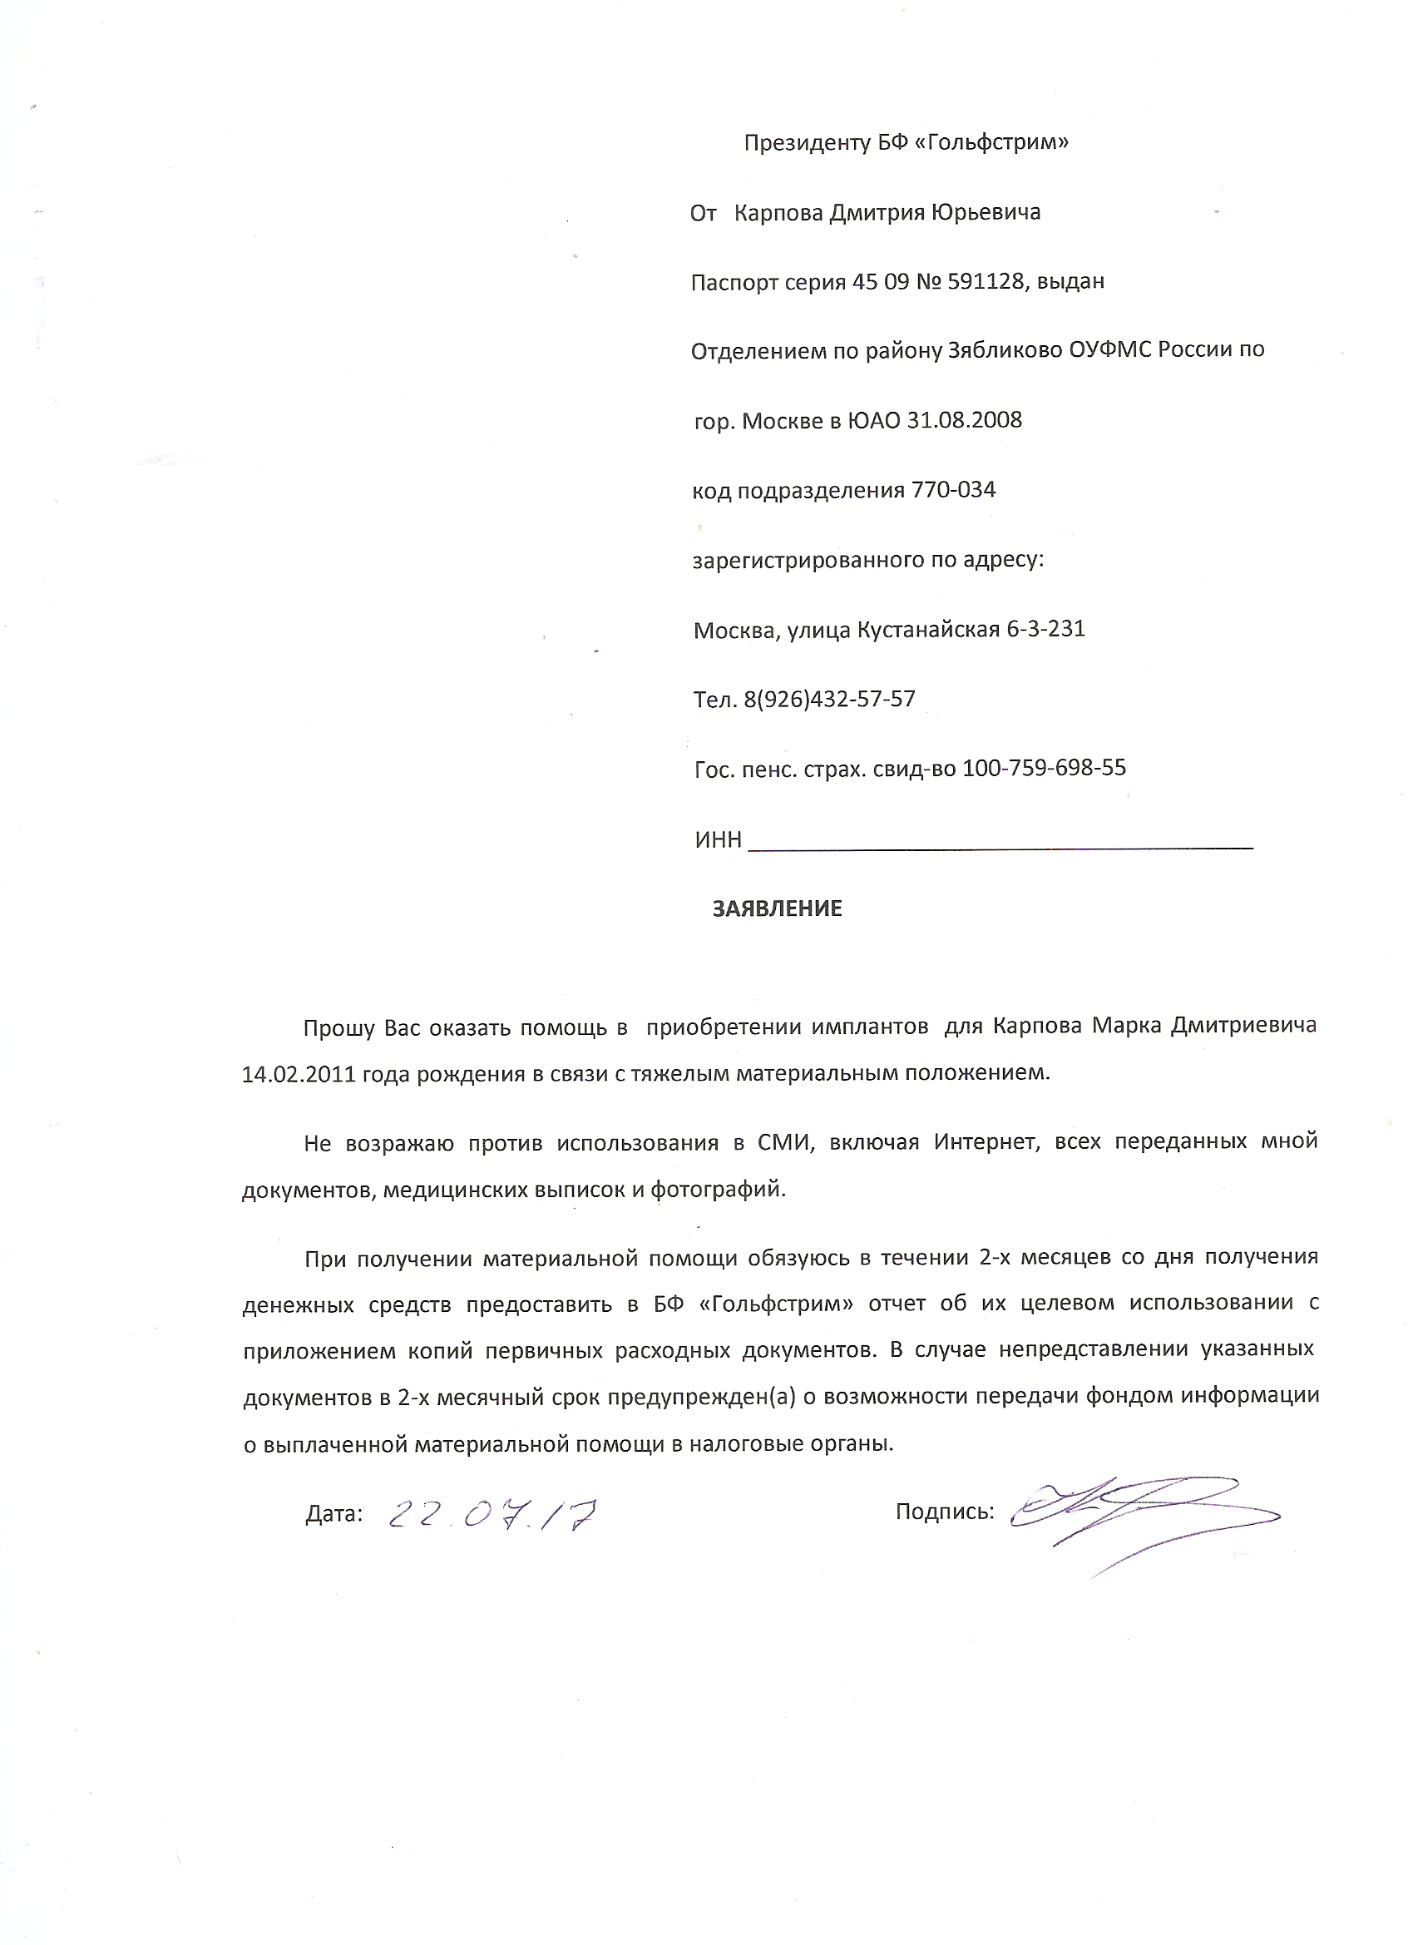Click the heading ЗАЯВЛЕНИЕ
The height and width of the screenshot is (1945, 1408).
click(777, 908)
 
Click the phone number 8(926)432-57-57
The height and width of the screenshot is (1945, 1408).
click(829, 699)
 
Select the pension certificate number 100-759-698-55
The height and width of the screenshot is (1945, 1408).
click(1044, 768)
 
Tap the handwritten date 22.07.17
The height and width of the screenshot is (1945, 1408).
click(492, 1516)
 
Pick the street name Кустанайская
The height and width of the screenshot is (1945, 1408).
click(929, 630)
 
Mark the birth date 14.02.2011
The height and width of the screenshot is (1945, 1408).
click(299, 1074)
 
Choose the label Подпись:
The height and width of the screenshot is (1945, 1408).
click(944, 1511)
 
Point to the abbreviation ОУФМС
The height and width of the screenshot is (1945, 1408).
click(1110, 350)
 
